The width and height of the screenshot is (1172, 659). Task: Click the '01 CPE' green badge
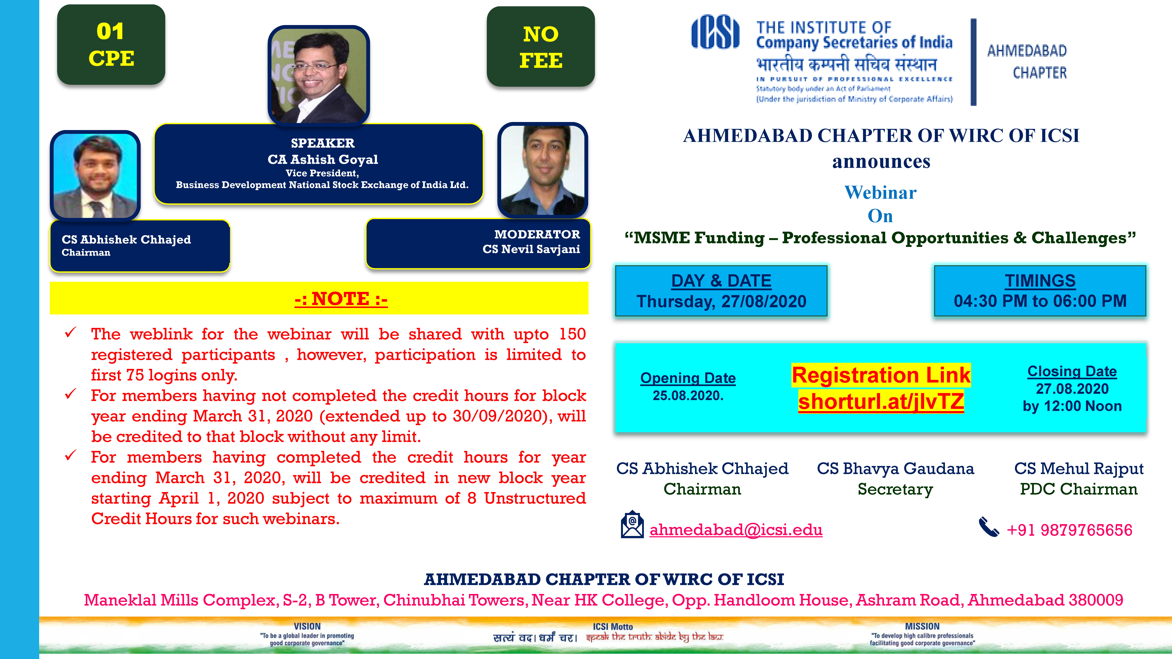click(111, 45)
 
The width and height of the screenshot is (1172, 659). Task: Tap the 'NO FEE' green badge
click(540, 46)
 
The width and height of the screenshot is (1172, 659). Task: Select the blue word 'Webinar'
click(880, 193)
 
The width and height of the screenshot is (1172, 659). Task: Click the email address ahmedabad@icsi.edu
click(736, 530)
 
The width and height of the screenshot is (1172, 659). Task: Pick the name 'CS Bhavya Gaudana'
click(895, 468)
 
